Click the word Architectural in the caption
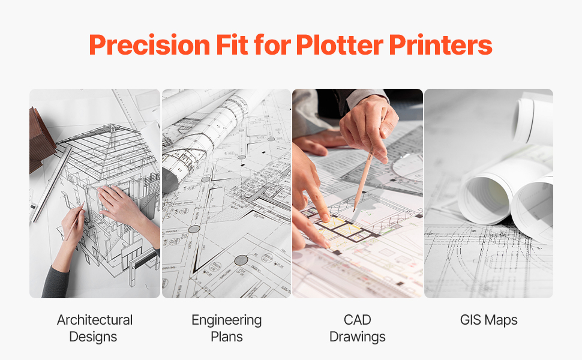pos(95,320)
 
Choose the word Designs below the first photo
pos(93,337)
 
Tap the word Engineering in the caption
pos(226,320)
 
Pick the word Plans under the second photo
pos(226,337)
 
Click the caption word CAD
pos(358,320)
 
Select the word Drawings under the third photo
pos(358,337)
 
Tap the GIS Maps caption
pos(488,320)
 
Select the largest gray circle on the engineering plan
pos(241,260)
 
